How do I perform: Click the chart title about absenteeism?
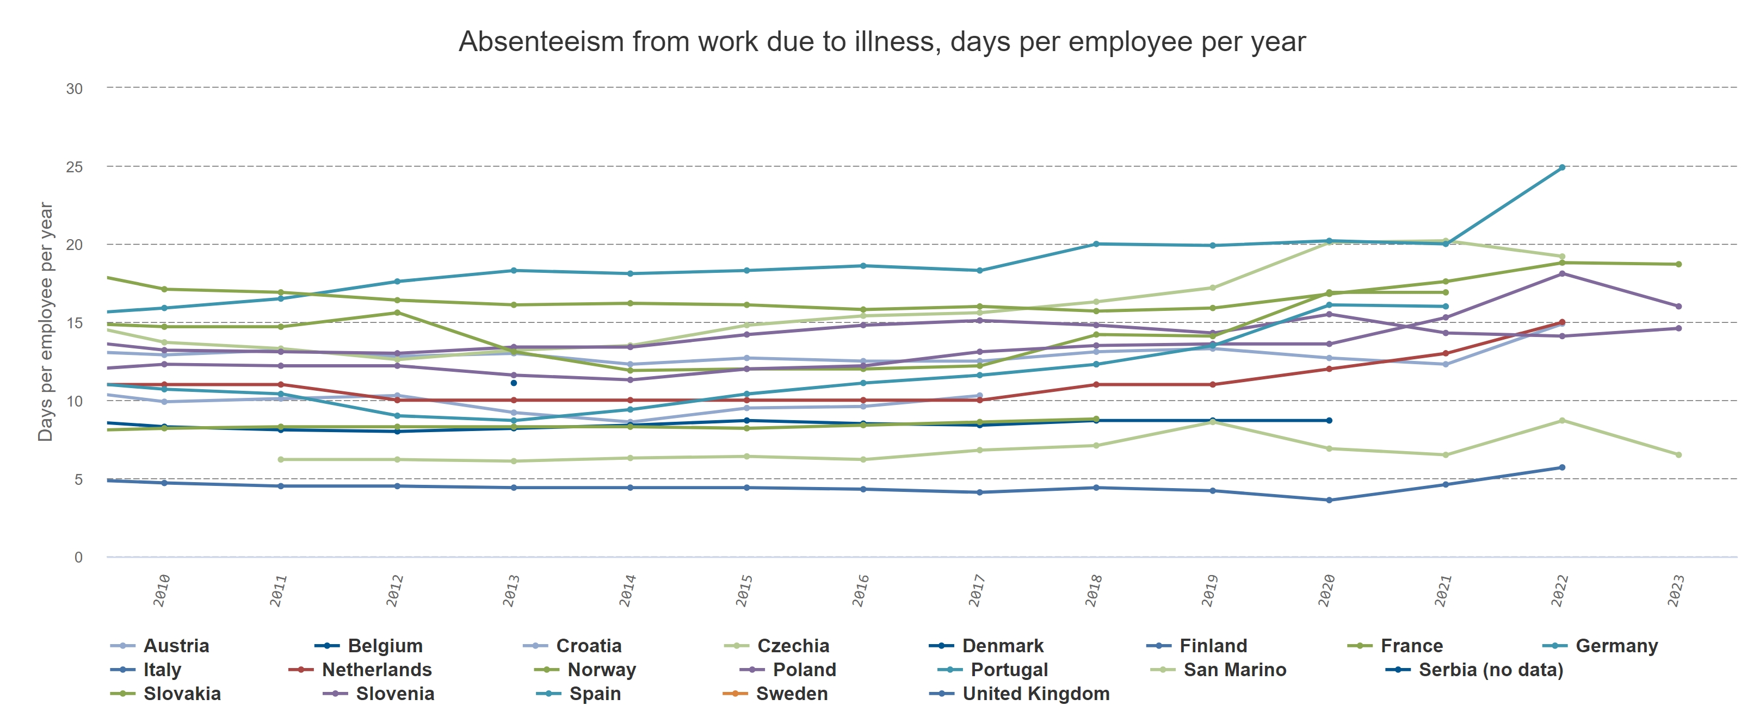(881, 42)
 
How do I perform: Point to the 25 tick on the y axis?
(75, 167)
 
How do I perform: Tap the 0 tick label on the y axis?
(78, 557)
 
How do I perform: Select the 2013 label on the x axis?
(511, 590)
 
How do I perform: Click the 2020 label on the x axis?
(1328, 590)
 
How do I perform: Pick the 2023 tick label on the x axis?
(1676, 590)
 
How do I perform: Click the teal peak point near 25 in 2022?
(1562, 167)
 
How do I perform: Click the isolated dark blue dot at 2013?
(514, 383)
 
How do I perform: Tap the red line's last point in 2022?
(1562, 322)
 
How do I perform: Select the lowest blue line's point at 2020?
(1329, 501)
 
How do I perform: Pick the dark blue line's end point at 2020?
(1329, 421)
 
